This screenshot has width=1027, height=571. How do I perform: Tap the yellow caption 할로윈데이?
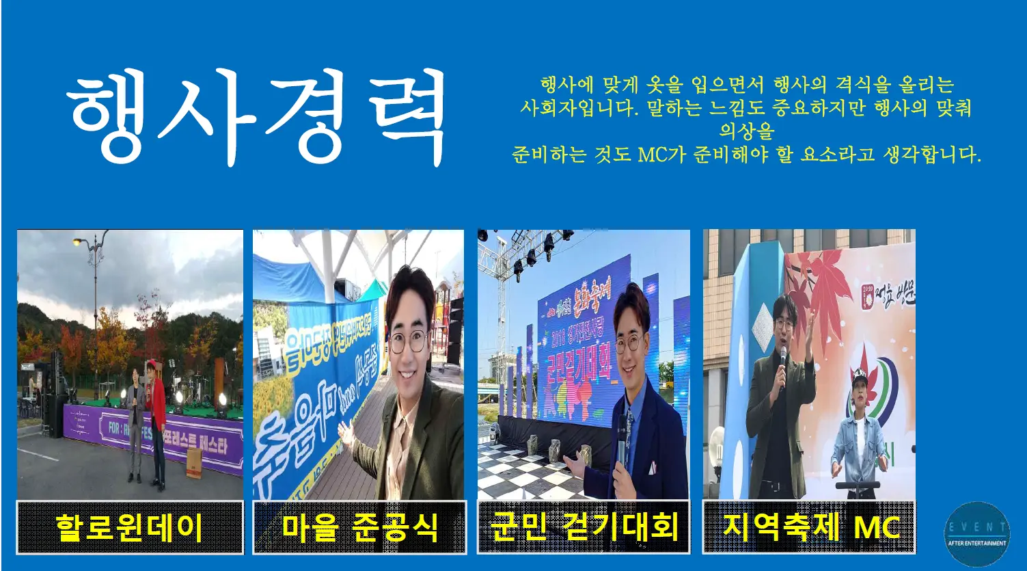pyautogui.click(x=130, y=527)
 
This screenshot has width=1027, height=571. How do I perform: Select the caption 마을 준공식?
pyautogui.click(x=360, y=527)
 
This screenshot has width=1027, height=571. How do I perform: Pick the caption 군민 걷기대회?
pyautogui.click(x=584, y=527)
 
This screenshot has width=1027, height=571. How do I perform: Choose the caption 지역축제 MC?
pyautogui.click(x=810, y=527)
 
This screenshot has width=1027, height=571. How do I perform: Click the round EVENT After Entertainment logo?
pyautogui.click(x=976, y=535)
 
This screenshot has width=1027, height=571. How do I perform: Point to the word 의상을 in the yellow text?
pyautogui.click(x=746, y=131)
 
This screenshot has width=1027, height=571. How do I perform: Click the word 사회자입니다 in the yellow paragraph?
pyautogui.click(x=577, y=108)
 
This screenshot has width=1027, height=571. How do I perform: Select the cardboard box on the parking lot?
pyautogui.click(x=194, y=462)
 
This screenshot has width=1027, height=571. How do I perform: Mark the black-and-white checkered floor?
pyautogui.click(x=526, y=472)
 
